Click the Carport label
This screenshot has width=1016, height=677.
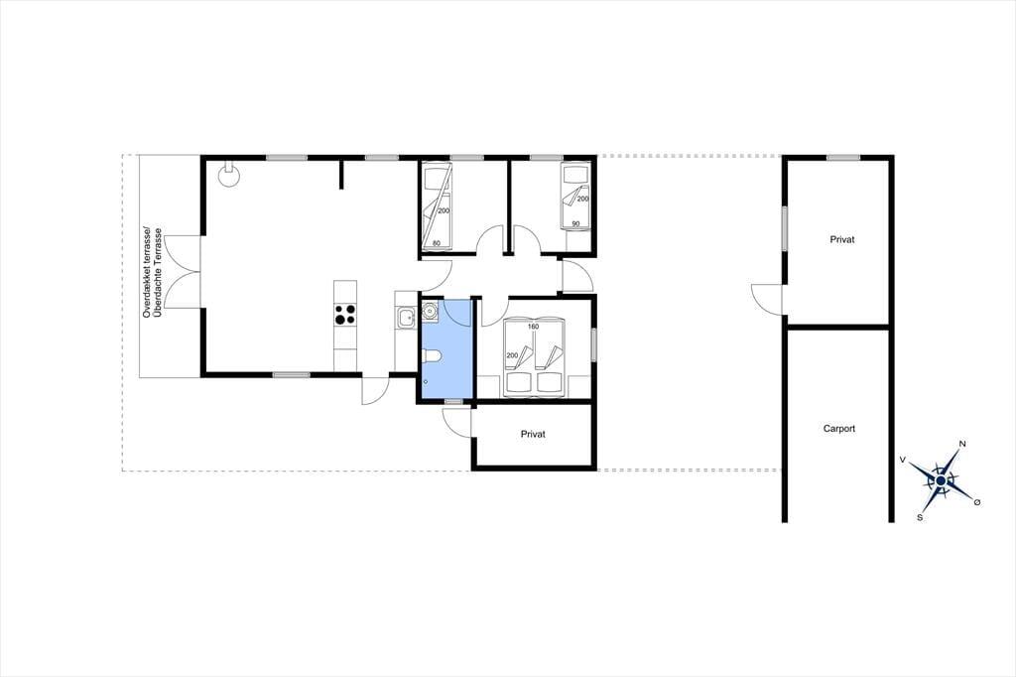[x=839, y=429]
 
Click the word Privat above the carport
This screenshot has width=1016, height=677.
[x=841, y=239]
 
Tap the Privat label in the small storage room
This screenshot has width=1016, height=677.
[x=533, y=434]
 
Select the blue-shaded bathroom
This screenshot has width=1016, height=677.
[x=446, y=349]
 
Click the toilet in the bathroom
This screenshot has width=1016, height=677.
[x=431, y=355]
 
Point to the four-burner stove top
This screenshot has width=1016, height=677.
[x=345, y=315]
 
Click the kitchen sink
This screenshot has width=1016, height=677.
[x=406, y=318]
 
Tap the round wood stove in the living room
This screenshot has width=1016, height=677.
[x=228, y=175]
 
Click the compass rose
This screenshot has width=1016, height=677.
[x=941, y=479]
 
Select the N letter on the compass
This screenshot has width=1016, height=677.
[x=962, y=444]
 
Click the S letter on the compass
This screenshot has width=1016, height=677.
[x=920, y=517]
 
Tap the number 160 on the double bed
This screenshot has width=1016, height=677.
[x=533, y=327]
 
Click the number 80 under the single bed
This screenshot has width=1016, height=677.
[x=437, y=244]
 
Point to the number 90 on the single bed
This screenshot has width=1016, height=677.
[x=575, y=224]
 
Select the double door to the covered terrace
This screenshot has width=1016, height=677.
[x=184, y=272]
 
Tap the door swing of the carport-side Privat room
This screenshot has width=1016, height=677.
[x=767, y=299]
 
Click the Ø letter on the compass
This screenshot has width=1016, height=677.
[x=977, y=501]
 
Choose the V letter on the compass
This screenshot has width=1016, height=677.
[x=902, y=460]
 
